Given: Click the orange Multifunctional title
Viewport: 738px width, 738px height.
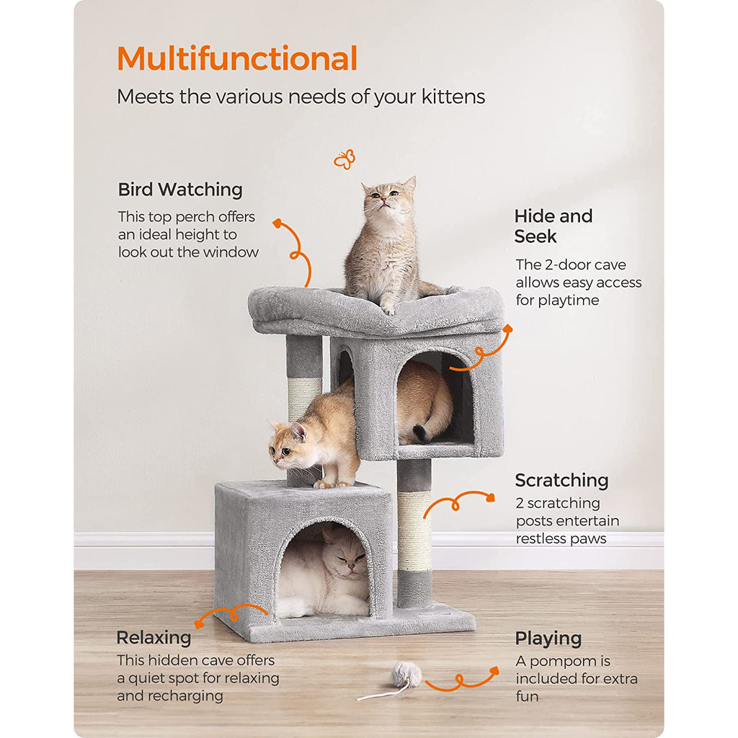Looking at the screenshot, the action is pos(237,58).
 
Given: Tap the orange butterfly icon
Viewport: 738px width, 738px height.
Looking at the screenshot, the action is pos(344,159).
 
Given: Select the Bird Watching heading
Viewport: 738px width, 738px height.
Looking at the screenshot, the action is pos(180,190).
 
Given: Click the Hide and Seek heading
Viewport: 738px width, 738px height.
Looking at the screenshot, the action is pos(553,226).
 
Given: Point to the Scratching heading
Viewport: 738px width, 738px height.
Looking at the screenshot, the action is pos(561,481).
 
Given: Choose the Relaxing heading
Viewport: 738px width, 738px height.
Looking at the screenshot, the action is pos(154,637).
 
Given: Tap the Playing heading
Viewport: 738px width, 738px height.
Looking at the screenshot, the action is pos(548,639).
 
